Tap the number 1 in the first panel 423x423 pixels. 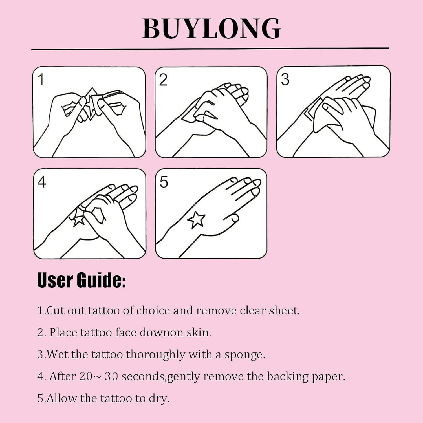click(41, 80)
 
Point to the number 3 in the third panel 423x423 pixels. click(285, 79)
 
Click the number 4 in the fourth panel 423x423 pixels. click(42, 182)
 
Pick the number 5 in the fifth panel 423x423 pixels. click(164, 182)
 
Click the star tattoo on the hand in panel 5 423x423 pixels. click(196, 220)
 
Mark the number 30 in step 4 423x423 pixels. click(111, 376)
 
